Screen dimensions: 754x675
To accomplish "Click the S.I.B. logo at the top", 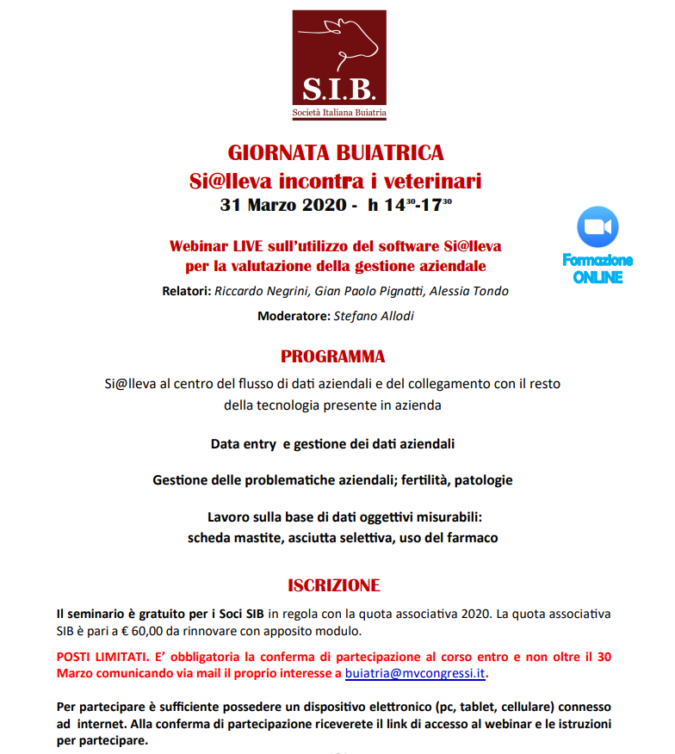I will [x=337, y=65].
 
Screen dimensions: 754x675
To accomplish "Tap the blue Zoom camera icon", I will [x=598, y=226].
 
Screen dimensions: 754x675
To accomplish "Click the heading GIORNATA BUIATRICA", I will [x=336, y=153].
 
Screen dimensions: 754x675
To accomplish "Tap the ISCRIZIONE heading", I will [x=334, y=586].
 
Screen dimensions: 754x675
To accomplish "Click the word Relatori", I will [x=186, y=291].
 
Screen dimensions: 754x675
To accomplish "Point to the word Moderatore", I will [x=293, y=316].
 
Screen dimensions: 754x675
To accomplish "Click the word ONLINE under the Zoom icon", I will [x=598, y=277].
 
